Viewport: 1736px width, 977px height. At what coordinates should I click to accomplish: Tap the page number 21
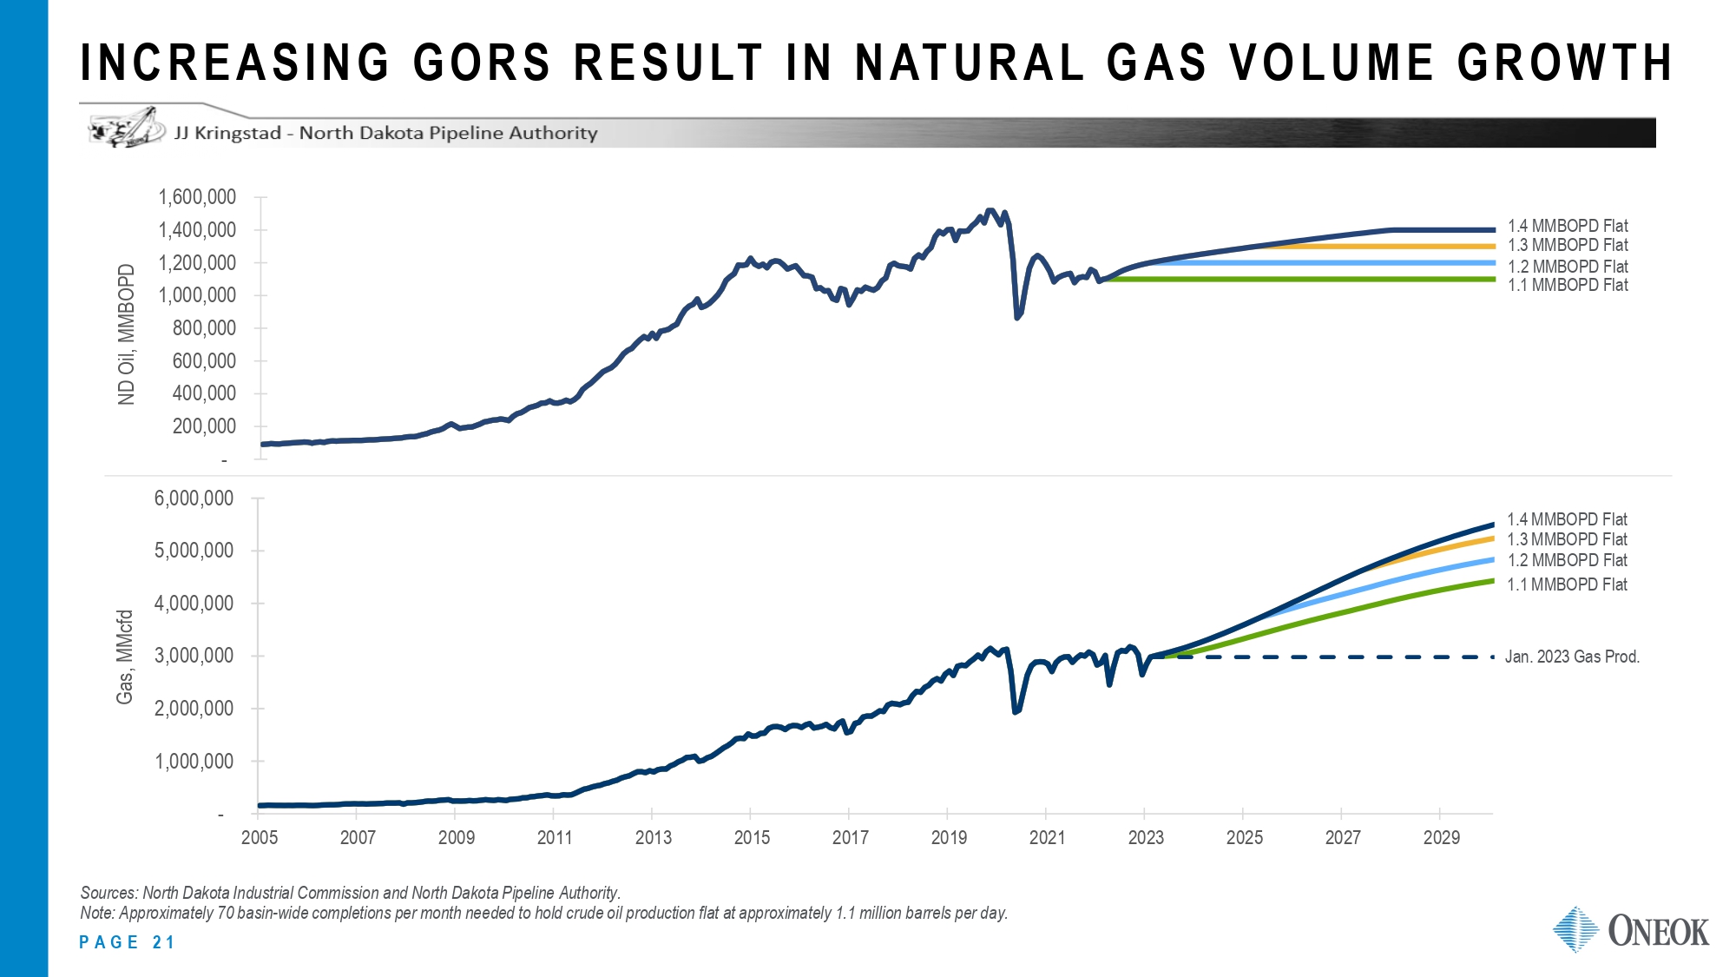point(163,942)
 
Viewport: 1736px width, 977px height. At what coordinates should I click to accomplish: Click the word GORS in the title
point(482,63)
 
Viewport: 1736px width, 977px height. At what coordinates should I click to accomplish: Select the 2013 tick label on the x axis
point(653,837)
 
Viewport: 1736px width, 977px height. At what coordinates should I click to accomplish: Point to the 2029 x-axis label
point(1441,837)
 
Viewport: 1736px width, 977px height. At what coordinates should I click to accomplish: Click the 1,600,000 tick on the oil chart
point(197,197)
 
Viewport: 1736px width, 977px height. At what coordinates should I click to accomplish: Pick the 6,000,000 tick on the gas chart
point(194,498)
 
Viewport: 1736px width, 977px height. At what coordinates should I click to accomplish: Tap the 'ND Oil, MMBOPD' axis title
point(127,334)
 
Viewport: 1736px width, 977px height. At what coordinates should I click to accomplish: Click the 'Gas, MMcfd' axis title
point(125,657)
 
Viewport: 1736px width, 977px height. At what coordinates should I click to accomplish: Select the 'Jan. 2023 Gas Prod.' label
point(1572,657)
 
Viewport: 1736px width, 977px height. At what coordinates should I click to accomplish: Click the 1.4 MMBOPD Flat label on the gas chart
point(1567,519)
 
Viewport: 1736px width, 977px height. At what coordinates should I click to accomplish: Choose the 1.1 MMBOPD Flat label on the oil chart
point(1568,285)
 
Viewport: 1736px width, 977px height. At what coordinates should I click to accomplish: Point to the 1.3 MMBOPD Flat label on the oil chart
point(1568,246)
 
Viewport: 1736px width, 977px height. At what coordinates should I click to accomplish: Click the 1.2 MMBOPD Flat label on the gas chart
point(1567,560)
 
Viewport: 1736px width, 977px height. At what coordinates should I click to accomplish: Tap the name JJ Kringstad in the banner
point(227,133)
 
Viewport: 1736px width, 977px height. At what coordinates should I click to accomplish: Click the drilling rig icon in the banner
point(127,129)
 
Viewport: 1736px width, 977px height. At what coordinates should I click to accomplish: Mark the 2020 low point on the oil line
point(1017,317)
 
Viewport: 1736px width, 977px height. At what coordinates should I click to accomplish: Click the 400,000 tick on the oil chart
point(204,393)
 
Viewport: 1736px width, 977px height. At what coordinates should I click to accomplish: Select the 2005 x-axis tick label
point(259,837)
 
